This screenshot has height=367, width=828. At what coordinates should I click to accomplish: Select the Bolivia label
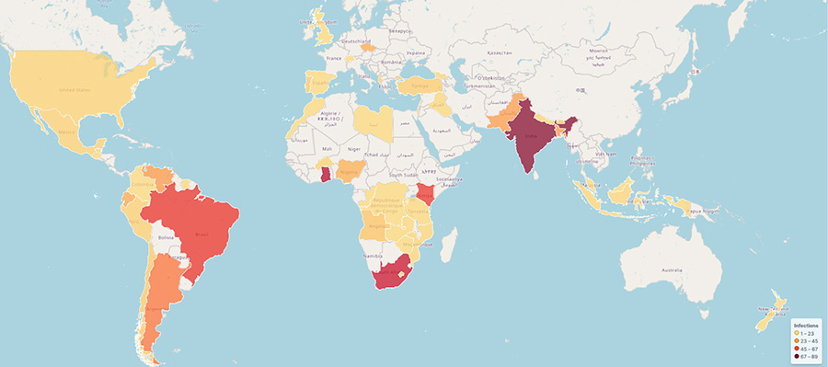point(167,237)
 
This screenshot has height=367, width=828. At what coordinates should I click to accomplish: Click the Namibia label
point(373,255)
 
